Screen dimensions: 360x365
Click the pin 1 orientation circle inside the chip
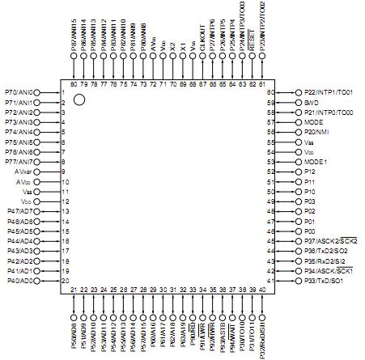[79, 100]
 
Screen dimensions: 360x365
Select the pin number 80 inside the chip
[74, 83]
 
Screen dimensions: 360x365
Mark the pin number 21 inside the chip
[74, 290]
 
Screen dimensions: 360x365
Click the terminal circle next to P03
[298, 201]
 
